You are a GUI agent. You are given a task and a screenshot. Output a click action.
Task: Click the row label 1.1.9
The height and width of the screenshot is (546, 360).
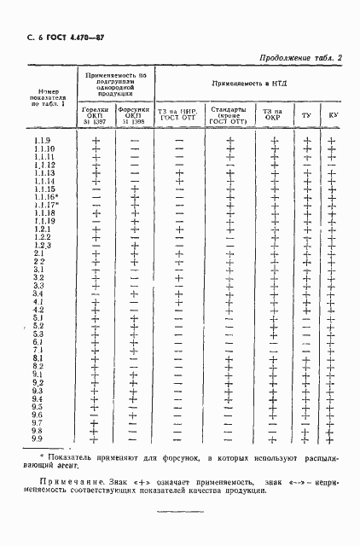(43, 140)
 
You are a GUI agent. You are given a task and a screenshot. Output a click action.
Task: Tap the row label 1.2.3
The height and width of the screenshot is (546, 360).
(44, 246)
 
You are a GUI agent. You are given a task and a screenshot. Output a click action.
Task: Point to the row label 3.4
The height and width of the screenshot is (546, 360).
(39, 293)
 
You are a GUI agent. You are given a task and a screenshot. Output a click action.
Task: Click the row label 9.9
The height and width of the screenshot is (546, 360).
(39, 439)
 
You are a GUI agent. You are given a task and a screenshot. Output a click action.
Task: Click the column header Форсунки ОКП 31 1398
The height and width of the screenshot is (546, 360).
(134, 117)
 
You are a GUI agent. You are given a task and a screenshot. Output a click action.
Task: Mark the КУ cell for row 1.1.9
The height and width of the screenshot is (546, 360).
(331, 140)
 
